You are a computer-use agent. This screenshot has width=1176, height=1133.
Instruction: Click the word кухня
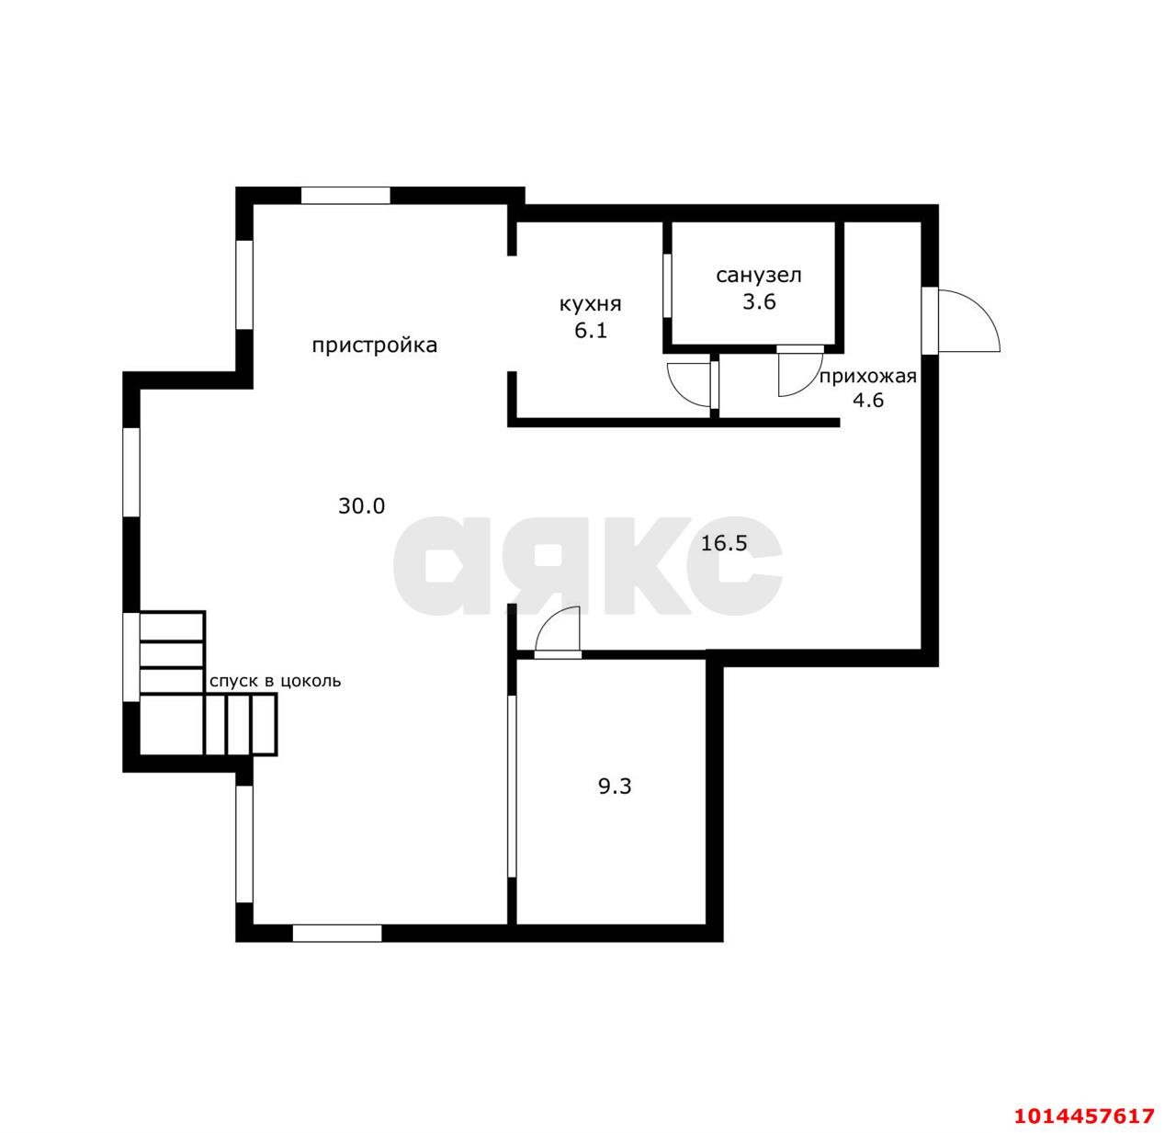pos(590,304)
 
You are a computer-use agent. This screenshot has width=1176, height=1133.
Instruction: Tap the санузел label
pos(758,276)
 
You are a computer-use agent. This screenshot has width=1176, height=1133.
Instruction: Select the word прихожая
pos(868,377)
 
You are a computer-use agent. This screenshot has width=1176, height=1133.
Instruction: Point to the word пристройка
pos(374,346)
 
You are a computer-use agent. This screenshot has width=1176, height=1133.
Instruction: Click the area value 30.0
pos(361,505)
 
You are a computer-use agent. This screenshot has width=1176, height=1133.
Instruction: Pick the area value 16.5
pos(724,543)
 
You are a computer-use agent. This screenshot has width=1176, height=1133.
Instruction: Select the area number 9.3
pos(615,787)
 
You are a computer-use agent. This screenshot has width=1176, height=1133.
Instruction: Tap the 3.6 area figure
pos(759,300)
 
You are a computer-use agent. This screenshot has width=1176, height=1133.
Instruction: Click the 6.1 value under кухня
pos(591,331)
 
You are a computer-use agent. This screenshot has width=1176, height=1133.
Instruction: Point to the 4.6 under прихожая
pos(868,400)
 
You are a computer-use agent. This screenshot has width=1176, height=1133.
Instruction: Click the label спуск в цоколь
pos(275,681)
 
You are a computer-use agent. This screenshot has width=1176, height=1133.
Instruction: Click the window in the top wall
pos(345,195)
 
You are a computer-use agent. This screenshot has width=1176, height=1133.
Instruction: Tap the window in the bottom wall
pos(337,934)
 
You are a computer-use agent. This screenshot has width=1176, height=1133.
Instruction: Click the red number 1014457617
pos(1085,1115)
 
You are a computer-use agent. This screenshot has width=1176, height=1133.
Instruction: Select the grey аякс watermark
pos(587,566)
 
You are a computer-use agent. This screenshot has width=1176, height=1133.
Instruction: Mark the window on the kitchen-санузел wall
pos(667,285)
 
